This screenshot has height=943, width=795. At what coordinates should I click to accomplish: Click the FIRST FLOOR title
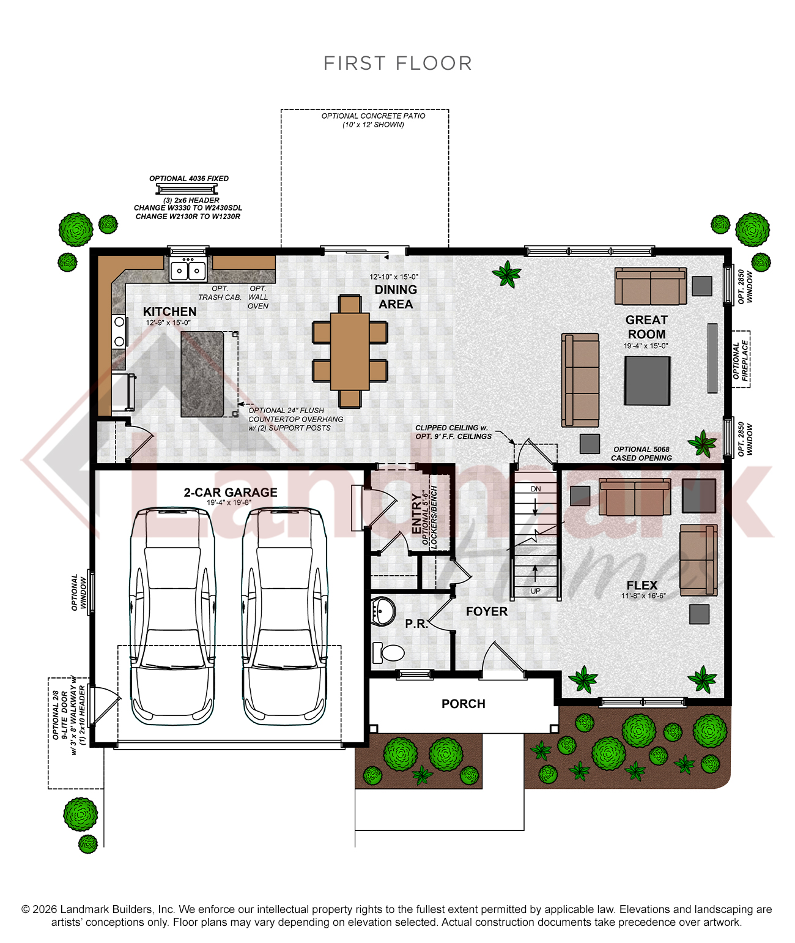point(398,63)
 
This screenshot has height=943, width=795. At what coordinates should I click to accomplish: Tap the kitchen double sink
point(188,270)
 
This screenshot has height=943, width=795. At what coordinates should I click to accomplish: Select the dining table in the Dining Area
point(350,351)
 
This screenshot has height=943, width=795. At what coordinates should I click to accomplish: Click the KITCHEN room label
point(170,311)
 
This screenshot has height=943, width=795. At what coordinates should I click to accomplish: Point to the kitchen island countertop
point(202,374)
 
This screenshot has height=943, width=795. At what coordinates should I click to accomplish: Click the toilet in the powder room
point(388,652)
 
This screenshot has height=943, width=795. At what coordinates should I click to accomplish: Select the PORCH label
point(463,704)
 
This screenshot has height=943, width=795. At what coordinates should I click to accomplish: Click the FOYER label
point(487,611)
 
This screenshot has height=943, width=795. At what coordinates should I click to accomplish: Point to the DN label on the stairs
point(536,489)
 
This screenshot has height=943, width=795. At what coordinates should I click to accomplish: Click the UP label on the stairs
point(536,591)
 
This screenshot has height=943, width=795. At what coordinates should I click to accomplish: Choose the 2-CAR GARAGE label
point(230,492)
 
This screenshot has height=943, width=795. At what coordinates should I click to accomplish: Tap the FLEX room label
point(642,585)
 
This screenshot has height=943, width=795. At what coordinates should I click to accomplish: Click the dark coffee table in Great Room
point(647,381)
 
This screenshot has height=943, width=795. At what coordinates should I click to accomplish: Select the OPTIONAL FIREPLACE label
point(741,360)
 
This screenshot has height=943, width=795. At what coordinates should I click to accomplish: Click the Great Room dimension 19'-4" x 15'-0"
point(646,346)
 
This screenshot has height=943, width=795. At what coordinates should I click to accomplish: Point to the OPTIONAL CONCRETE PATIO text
point(373,116)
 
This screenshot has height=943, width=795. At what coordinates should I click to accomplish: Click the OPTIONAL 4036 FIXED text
point(189,179)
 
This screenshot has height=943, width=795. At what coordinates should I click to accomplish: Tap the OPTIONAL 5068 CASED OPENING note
point(641,453)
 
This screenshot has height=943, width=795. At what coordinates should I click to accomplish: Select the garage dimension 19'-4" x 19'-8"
point(229,502)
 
